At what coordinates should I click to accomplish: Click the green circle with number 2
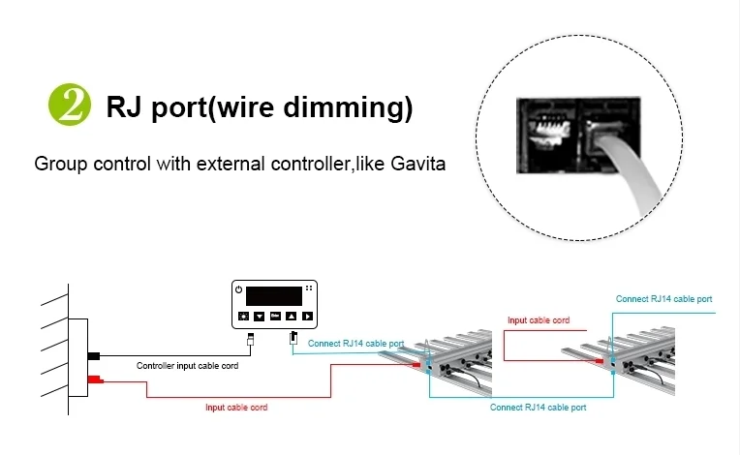click(x=69, y=106)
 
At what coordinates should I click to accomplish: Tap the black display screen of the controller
click(x=274, y=295)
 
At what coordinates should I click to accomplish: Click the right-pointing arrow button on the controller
click(x=307, y=317)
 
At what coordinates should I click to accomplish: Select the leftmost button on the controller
click(x=243, y=317)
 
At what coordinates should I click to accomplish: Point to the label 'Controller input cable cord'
click(x=187, y=366)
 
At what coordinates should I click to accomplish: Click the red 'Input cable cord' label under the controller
click(x=236, y=408)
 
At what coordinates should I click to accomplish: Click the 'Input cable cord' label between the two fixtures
click(x=539, y=319)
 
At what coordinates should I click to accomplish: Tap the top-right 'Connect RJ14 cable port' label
click(x=663, y=299)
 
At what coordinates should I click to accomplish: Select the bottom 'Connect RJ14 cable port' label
click(x=538, y=408)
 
